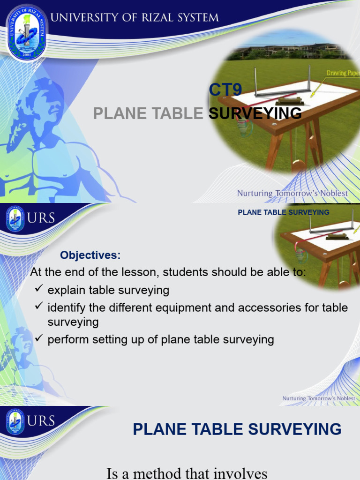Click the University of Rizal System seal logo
(x=26, y=32)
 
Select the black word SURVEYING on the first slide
(x=255, y=113)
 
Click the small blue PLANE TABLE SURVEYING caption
(x=284, y=212)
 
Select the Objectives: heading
(x=90, y=255)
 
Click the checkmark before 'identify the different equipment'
(x=39, y=307)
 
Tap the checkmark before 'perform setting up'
(x=39, y=339)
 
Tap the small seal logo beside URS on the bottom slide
(x=15, y=422)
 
